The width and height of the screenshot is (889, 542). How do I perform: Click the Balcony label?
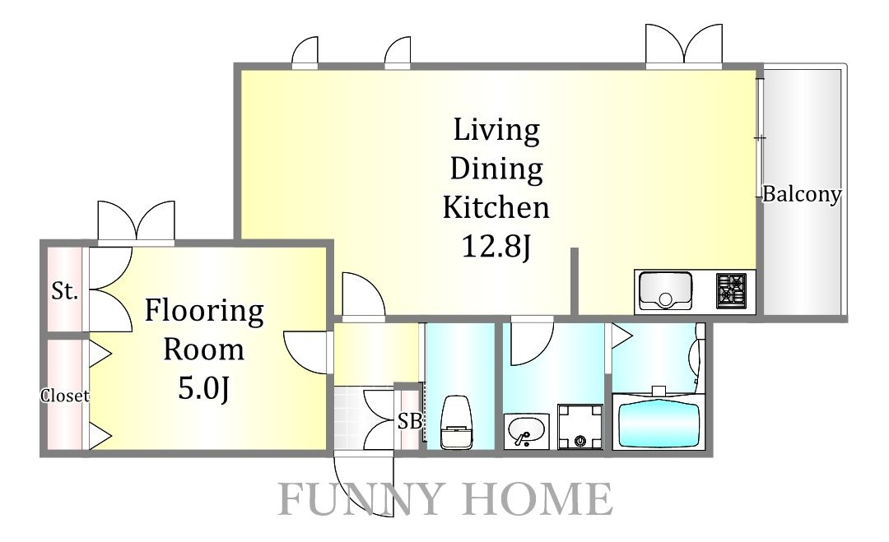tap(801, 194)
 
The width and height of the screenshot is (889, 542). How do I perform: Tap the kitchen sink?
tap(666, 291)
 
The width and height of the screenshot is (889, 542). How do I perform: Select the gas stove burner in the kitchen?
tap(732, 291)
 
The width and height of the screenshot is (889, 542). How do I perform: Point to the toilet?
tap(456, 422)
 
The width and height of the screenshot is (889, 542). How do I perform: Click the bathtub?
tap(658, 421)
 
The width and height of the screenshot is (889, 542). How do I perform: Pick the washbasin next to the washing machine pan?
tap(525, 431)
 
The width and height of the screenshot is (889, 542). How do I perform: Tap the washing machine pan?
tap(580, 427)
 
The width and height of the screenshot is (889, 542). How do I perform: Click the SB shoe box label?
tap(409, 421)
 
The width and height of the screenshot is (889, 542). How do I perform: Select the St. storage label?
tap(64, 291)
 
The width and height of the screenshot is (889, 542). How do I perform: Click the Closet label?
tap(65, 396)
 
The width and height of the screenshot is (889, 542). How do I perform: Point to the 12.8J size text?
tap(496, 247)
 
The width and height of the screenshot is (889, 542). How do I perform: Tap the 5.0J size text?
tap(203, 388)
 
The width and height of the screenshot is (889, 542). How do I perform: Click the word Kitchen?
tap(496, 207)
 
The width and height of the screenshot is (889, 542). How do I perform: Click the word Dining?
tap(496, 169)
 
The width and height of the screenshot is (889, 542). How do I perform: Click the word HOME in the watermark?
tap(538, 499)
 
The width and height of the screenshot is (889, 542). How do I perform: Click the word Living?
tap(496, 131)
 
